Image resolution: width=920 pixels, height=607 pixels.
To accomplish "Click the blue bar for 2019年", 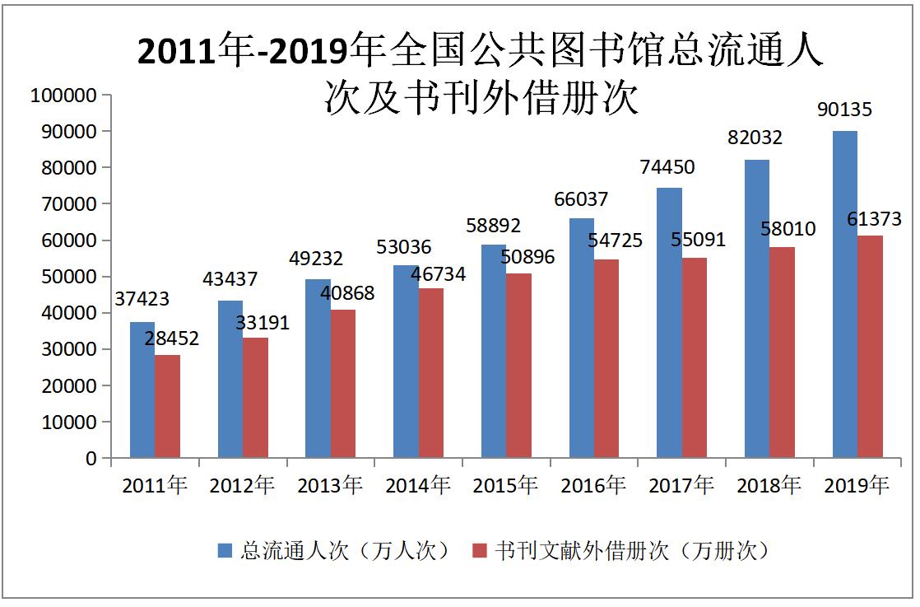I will [x=844, y=294].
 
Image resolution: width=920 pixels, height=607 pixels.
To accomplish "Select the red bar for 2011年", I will [x=168, y=406].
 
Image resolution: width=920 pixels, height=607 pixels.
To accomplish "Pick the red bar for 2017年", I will [x=695, y=357].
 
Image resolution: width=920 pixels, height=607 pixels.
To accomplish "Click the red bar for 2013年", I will [x=343, y=384].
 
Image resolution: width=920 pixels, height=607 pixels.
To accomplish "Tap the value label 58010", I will [x=788, y=228].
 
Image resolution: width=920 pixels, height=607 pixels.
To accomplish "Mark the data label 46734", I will [x=433, y=273].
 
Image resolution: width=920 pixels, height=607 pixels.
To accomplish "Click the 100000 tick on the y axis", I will [x=64, y=96].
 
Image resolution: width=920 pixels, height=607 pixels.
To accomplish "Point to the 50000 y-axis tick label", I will [x=69, y=277].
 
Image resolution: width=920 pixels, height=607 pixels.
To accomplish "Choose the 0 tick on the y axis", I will [x=92, y=459].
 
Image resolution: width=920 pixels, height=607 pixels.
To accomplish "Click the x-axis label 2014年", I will [x=418, y=486].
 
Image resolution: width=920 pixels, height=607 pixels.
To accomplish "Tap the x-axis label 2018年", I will [x=769, y=486].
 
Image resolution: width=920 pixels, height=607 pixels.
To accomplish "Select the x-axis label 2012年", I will [x=242, y=486].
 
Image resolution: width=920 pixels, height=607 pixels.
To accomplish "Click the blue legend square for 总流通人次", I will [x=225, y=550].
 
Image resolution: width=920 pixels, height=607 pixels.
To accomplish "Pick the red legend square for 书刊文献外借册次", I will [x=481, y=550].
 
